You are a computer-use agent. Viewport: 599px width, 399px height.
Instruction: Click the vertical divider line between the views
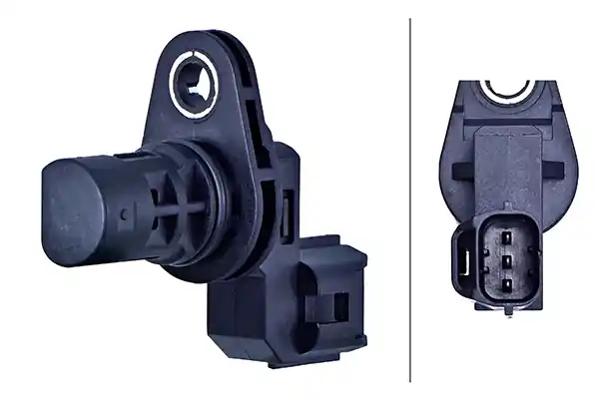pyautogui.click(x=410, y=199)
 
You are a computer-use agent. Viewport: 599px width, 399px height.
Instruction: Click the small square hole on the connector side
pyautogui.click(x=339, y=305)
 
